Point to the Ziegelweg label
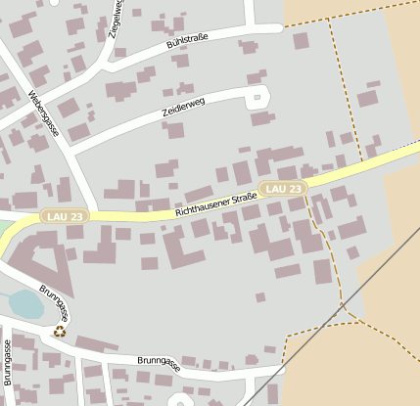(117, 17)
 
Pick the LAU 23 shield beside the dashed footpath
(283, 188)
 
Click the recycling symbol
(60, 332)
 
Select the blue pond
(26, 305)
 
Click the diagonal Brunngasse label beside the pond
(56, 303)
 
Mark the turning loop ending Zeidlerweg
(258, 98)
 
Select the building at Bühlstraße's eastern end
(301, 41)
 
